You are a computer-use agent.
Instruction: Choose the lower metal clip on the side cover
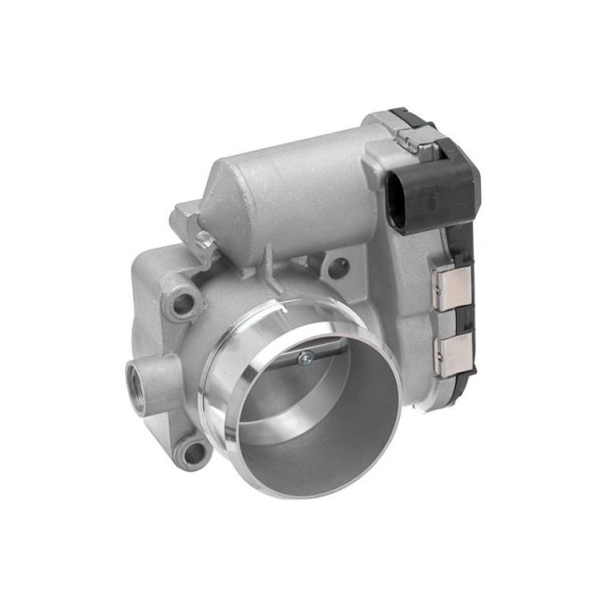(x=455, y=351)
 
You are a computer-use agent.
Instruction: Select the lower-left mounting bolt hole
(x=193, y=453)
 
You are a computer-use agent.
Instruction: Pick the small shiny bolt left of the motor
(x=200, y=241)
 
